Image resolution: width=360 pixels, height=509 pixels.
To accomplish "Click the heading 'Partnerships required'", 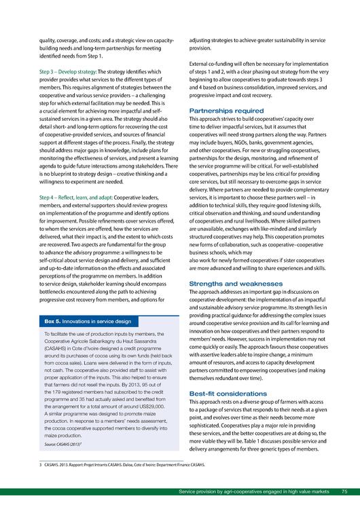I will pos(226,110).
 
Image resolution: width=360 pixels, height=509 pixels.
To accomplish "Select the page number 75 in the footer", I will pos(344,491).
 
